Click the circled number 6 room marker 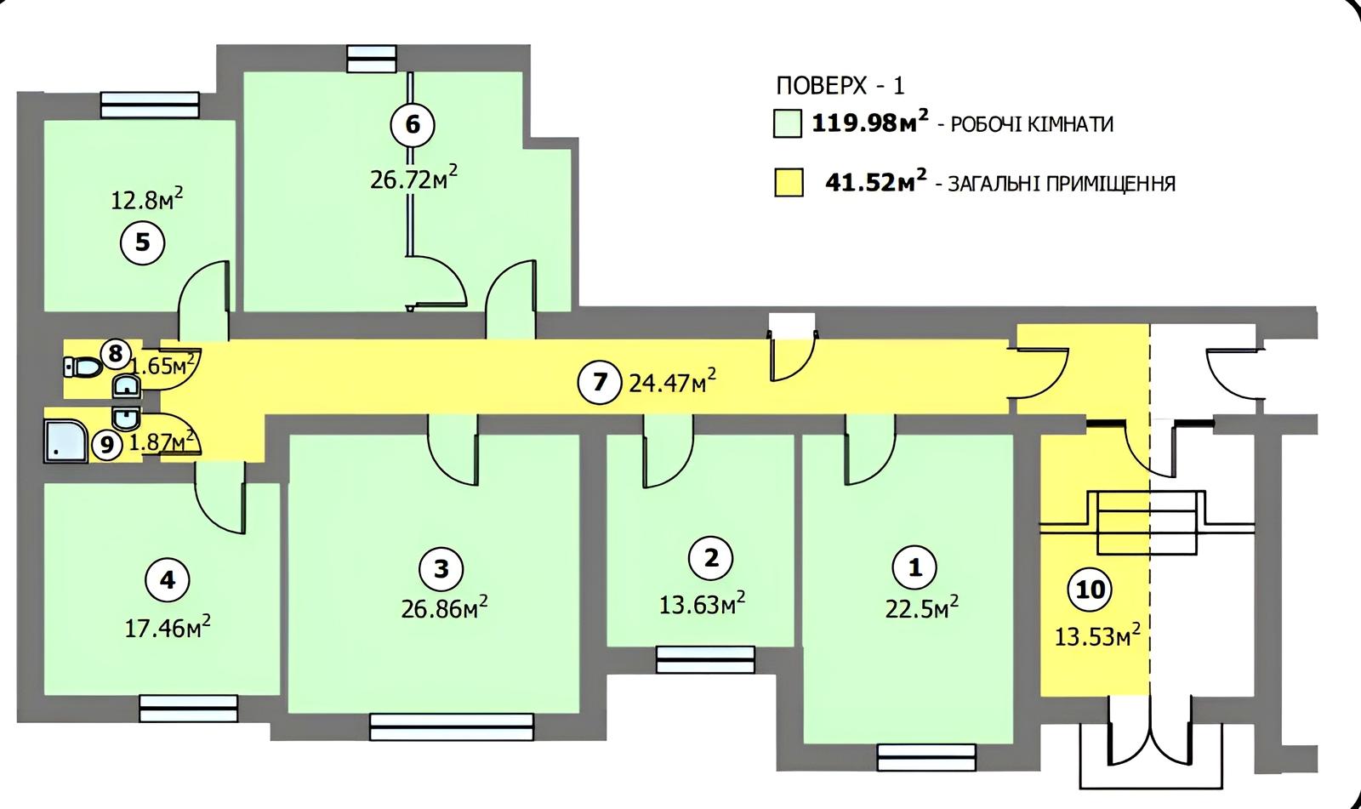pos(412,124)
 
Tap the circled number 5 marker pos(143,242)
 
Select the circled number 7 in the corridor pos(600,382)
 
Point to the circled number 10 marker pos(1090,589)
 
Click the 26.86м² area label pos(444,607)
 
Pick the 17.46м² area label pos(168,626)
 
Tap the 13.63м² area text pos(703,603)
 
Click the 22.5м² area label pos(922,607)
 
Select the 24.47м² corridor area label pos(673,381)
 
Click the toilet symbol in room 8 pos(83,367)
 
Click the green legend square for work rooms pos(788,123)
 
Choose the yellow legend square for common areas pos(789,182)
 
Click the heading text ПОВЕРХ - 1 pos(840,86)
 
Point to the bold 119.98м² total pos(870,122)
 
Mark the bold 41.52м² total pos(876,180)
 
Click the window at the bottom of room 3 pos(452,726)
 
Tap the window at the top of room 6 pos(372,59)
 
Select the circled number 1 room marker pos(914,567)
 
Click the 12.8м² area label pos(146,198)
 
